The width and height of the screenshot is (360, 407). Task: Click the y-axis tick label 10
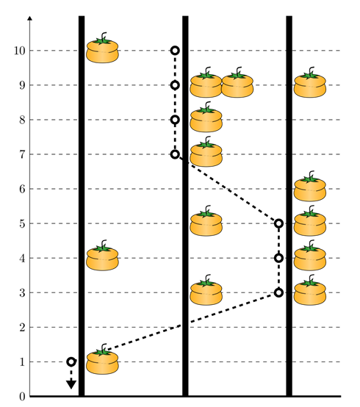click(x=19, y=51)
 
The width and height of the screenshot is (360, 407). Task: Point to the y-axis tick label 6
click(x=22, y=189)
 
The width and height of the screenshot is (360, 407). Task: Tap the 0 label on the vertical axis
click(x=22, y=397)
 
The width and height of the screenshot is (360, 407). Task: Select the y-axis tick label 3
click(x=22, y=293)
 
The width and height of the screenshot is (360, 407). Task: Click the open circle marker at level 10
click(x=175, y=51)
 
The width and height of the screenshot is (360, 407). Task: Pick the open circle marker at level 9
click(x=175, y=85)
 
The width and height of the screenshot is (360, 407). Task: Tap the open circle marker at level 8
click(x=175, y=120)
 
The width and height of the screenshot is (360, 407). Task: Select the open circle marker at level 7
click(x=175, y=154)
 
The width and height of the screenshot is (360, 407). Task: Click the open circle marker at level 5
click(x=278, y=223)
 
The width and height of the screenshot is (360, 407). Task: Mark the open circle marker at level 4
click(x=278, y=258)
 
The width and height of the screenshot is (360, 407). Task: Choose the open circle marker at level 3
click(x=278, y=292)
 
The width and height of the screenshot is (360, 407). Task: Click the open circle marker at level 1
click(x=71, y=361)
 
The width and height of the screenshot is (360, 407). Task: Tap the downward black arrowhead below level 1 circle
click(x=71, y=384)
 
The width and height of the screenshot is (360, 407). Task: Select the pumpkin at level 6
click(x=310, y=187)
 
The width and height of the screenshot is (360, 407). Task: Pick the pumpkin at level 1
click(x=102, y=359)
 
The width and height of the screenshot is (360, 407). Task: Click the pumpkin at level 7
click(x=206, y=152)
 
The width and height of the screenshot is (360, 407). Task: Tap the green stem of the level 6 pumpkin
click(x=310, y=177)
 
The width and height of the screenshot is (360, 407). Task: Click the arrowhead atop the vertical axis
click(x=30, y=18)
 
